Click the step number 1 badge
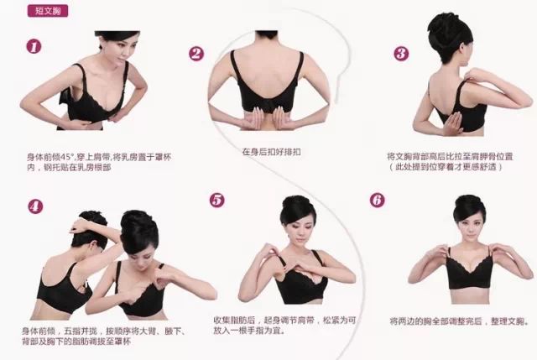pyautogui.click(x=34, y=47)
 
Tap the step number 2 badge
pyautogui.click(x=196, y=54)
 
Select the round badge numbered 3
pyautogui.click(x=401, y=54)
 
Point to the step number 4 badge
pyautogui.click(x=35, y=206)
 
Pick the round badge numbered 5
pyautogui.click(x=217, y=200)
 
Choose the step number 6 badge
pyautogui.click(x=377, y=201)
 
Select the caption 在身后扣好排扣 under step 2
pyautogui.click(x=268, y=152)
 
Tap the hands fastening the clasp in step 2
pyautogui.click(x=267, y=119)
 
